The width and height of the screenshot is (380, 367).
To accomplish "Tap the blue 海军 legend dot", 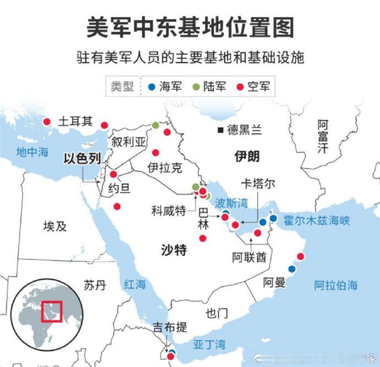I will (x=151, y=86).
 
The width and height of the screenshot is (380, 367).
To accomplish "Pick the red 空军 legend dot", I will (x=240, y=86).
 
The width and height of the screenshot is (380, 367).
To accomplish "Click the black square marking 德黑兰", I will (x=220, y=130).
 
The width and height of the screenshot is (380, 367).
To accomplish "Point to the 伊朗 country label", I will (x=246, y=156).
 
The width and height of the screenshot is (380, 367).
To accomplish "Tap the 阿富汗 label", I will (x=323, y=137).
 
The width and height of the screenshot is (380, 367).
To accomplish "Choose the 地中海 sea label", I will (x=32, y=152).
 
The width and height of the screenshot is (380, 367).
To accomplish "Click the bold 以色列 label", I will (x=82, y=159).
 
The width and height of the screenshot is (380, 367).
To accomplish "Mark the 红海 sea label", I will (x=134, y=284).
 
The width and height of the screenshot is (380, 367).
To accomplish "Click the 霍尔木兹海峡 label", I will (x=317, y=221).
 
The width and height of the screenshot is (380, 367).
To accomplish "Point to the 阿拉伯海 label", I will (x=336, y=285).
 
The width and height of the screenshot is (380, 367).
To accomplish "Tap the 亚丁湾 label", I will (x=209, y=345).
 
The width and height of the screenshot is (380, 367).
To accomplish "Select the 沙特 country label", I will (x=173, y=250).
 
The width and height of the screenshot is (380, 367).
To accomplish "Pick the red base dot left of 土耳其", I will (x=47, y=122).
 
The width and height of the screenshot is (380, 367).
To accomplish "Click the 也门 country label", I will (x=216, y=314).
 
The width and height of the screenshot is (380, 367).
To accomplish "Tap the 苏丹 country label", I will (x=95, y=285).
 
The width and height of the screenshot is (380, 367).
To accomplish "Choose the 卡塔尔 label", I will (x=258, y=184).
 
